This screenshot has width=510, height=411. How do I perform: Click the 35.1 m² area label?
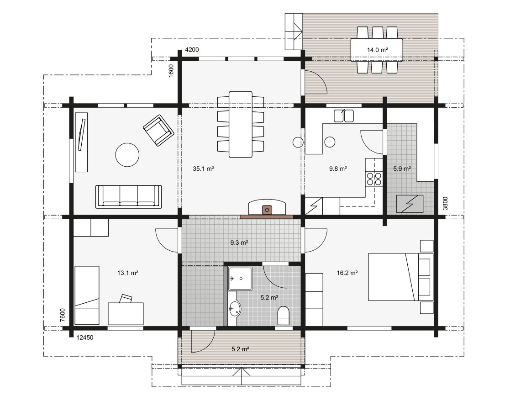coord(203,169)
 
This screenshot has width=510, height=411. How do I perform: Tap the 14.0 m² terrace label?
coord(377,50)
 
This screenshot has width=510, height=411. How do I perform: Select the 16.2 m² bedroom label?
coord(347,273)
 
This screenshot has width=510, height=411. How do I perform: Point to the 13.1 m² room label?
coord(128,273)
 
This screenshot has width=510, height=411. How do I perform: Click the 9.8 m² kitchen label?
coord(338,169)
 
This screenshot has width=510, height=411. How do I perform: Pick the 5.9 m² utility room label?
coord(402,169)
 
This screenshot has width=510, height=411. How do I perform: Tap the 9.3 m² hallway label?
coord(239,242)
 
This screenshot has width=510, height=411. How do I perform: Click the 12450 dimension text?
coord(84,337)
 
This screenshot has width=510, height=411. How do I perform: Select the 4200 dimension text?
coord(192,50)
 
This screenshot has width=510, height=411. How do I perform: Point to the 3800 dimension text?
coord(445,203)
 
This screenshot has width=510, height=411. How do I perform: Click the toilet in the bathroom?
coord(284,315)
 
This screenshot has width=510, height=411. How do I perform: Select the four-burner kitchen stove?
coord(374,179)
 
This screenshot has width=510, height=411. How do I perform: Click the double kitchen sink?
coord(344,116)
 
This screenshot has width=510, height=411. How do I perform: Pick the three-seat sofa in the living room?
coord(128,196)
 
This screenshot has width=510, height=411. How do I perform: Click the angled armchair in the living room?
coord(158,130)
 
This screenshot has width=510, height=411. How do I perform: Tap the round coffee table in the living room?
coord(127,155)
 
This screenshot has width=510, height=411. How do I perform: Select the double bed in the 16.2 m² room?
coord(400,277)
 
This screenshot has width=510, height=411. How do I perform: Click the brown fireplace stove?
coord(267,210)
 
